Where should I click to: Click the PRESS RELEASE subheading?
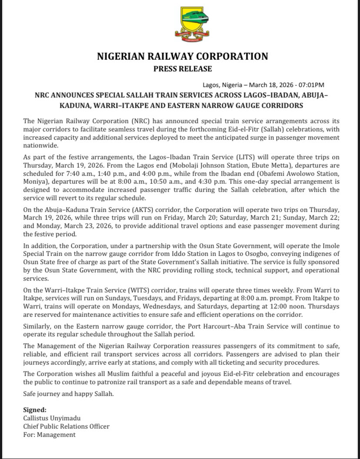click(182, 69)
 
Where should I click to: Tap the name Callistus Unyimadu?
click(50, 418)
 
